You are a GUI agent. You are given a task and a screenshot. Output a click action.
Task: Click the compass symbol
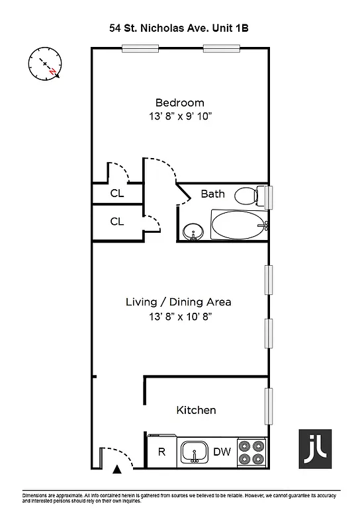45,64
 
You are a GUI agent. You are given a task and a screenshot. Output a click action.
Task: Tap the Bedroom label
179,102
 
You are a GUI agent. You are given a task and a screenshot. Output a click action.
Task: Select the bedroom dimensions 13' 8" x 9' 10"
179,116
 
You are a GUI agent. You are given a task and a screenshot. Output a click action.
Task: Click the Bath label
212,194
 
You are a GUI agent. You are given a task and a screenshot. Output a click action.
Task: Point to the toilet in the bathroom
248,196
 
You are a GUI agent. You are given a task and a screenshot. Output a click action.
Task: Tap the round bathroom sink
194,231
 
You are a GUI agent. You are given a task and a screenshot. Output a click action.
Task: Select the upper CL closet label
117,194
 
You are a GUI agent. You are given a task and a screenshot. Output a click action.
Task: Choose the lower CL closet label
117,222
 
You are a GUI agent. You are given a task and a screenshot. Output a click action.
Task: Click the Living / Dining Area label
179,302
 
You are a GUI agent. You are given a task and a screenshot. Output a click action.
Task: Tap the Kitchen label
196,410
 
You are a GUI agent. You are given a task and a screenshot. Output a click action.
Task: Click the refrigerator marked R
161,453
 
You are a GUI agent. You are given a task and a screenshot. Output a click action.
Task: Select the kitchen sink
195,453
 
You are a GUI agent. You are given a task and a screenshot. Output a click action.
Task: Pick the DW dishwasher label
221,453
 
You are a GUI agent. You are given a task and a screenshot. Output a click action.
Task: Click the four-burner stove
251,453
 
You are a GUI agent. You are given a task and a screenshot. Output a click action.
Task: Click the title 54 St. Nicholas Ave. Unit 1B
179,28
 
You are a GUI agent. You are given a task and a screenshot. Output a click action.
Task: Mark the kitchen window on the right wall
269,406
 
